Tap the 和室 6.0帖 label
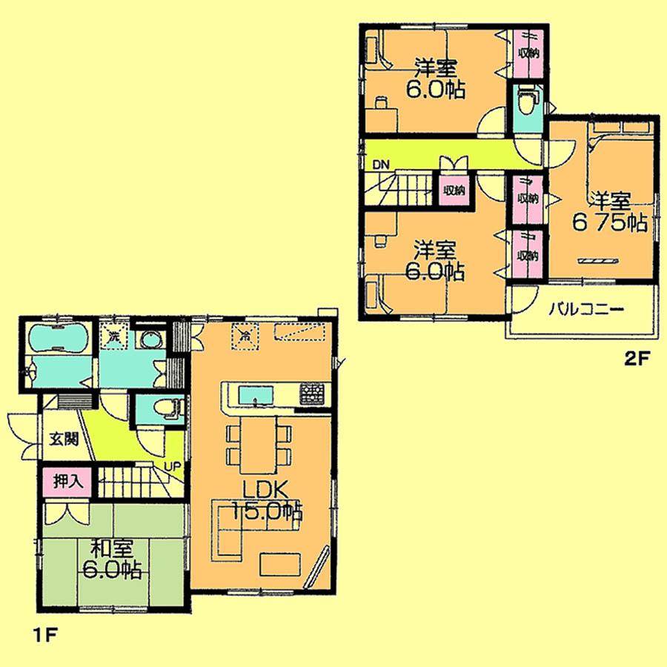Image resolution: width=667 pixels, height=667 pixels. point(113,560)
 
